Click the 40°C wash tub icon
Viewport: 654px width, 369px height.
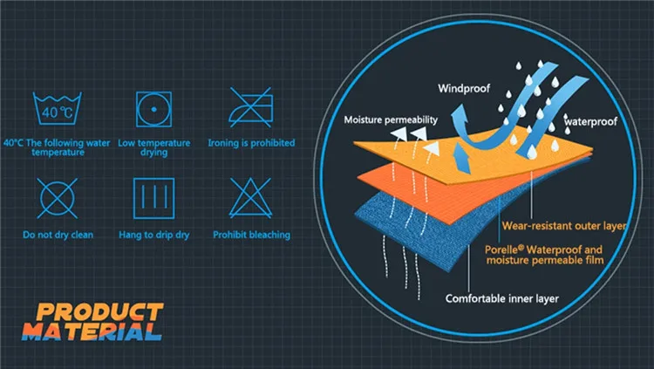coord(58,108)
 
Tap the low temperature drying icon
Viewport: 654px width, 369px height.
coord(153,109)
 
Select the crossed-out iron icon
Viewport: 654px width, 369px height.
coord(250,107)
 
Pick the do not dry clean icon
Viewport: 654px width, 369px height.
coord(58,198)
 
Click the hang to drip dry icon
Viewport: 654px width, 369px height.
coord(153,198)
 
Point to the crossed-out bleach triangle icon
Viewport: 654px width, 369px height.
coord(250,198)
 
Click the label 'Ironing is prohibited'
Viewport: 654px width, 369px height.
coord(251,143)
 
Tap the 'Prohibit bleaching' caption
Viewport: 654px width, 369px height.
coord(251,235)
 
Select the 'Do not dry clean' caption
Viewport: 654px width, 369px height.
coord(58,235)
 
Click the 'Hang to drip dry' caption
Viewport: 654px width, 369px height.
coord(153,235)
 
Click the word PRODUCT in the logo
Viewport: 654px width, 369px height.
coord(100,311)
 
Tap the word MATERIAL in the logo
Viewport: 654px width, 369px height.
coord(92,331)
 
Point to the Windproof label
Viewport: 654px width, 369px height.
coord(464,88)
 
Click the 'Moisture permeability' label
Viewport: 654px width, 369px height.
coord(391,120)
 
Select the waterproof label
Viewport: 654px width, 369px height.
coord(590,121)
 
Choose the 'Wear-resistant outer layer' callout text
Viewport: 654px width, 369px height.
coord(564,226)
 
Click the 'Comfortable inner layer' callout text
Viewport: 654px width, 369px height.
coord(502,298)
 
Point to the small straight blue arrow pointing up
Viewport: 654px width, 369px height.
coord(462,159)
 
